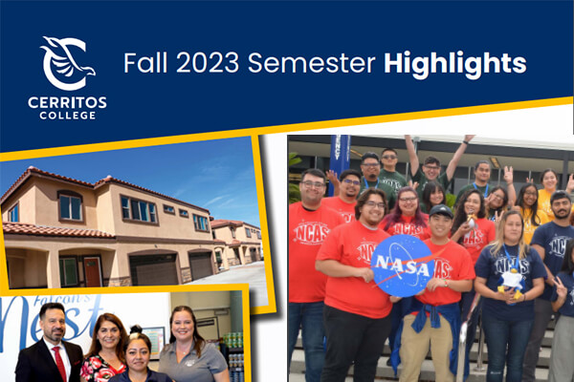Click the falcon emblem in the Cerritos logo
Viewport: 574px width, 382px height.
click(x=66, y=63)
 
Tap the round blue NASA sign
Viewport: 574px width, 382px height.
click(x=403, y=264)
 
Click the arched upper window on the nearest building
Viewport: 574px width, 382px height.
click(x=70, y=206)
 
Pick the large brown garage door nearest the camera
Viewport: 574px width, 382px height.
click(x=152, y=268)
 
